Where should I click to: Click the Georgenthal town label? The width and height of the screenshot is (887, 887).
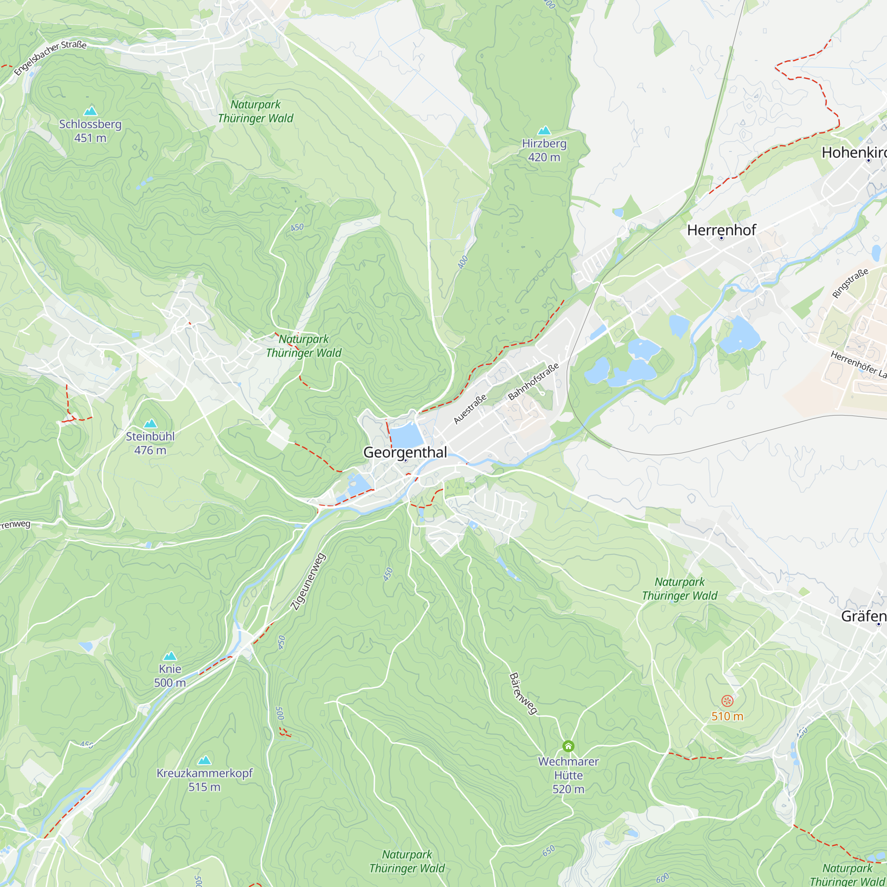(x=404, y=452)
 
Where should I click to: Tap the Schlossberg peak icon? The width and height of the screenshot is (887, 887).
(x=90, y=111)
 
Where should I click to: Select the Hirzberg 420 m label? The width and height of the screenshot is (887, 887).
(x=544, y=150)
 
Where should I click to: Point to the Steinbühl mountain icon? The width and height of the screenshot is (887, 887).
(x=150, y=423)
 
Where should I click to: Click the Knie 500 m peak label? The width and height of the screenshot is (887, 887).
(x=170, y=676)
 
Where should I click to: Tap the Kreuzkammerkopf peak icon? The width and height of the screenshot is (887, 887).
(x=204, y=760)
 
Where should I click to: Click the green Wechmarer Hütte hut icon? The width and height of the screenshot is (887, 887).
(x=569, y=746)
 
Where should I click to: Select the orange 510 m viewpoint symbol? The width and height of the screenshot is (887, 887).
(x=727, y=701)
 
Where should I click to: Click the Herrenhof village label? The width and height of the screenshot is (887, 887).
(x=721, y=230)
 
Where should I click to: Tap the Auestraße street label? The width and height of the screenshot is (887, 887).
(x=470, y=409)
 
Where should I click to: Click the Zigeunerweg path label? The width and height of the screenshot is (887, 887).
(x=309, y=582)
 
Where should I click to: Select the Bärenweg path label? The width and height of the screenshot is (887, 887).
(x=523, y=694)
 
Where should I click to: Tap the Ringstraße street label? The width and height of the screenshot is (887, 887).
(x=850, y=283)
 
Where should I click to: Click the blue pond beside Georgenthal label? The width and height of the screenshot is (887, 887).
(x=406, y=435)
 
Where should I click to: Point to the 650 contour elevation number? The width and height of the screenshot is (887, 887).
(x=549, y=851)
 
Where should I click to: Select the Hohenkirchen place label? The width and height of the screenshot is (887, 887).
(x=854, y=153)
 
